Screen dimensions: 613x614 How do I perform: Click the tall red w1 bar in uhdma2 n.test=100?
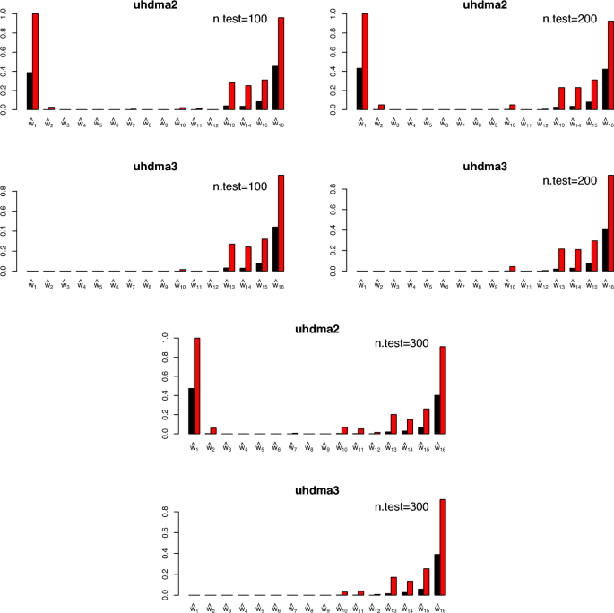tap(36, 62)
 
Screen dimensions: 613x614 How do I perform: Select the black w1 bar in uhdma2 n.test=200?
tap(359, 89)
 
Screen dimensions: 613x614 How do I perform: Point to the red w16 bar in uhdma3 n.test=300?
tap(443, 548)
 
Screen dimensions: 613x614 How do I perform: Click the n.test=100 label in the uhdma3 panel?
tap(241, 187)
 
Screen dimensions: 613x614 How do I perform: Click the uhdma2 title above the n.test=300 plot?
tap(319, 329)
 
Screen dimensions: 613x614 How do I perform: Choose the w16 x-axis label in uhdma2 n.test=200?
tap(608, 121)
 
